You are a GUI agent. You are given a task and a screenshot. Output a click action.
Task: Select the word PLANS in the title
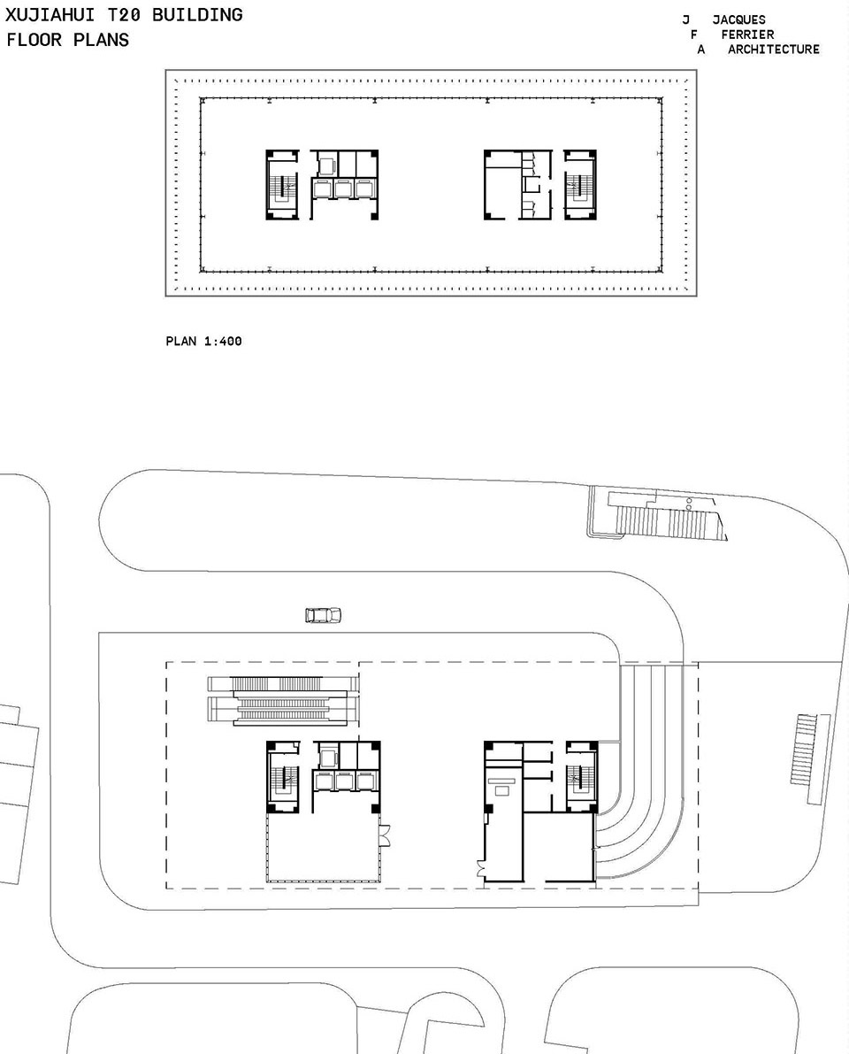101,40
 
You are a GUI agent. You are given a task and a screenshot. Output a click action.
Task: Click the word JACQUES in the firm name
738,19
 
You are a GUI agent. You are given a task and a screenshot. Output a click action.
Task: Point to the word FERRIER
747,35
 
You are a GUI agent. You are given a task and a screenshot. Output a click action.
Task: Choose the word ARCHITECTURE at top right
774,49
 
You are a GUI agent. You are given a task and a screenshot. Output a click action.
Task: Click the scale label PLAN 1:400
203,341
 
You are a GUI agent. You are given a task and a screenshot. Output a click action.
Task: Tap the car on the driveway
323,615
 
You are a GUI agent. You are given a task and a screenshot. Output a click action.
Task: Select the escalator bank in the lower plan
283,700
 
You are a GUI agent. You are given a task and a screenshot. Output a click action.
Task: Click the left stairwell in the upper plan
282,185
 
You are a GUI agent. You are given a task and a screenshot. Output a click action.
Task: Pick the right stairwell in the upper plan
580,185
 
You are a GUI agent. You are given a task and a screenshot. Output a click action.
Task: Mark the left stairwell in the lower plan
283,777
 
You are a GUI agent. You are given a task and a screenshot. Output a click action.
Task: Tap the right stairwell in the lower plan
581,777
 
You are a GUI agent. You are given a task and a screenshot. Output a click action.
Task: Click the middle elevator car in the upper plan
343,188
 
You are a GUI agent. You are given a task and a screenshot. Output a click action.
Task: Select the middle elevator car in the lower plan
345,781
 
